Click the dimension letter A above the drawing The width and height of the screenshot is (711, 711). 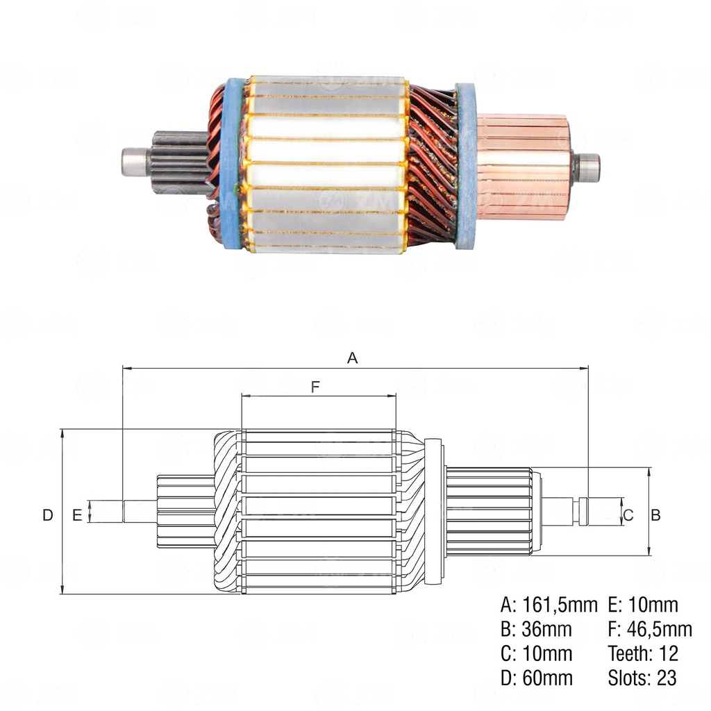[x=353, y=358]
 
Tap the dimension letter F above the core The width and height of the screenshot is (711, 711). [x=316, y=387]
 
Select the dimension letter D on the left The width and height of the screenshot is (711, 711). [x=47, y=515]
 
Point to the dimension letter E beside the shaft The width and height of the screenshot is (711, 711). [x=77, y=515]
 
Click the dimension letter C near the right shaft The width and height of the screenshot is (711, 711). [x=628, y=515]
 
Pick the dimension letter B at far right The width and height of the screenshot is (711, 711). [x=655, y=515]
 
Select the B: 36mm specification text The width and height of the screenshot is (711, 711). [x=536, y=629]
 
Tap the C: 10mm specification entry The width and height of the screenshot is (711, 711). [x=536, y=653]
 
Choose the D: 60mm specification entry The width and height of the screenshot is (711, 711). [x=536, y=678]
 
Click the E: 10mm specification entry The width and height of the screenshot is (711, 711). [x=643, y=605]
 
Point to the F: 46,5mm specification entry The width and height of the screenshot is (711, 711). [x=650, y=629]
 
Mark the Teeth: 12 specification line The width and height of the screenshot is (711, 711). [x=643, y=653]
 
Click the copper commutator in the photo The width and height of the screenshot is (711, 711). [x=524, y=167]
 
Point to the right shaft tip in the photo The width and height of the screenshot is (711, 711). [x=588, y=167]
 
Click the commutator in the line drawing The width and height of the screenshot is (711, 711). [x=489, y=511]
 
